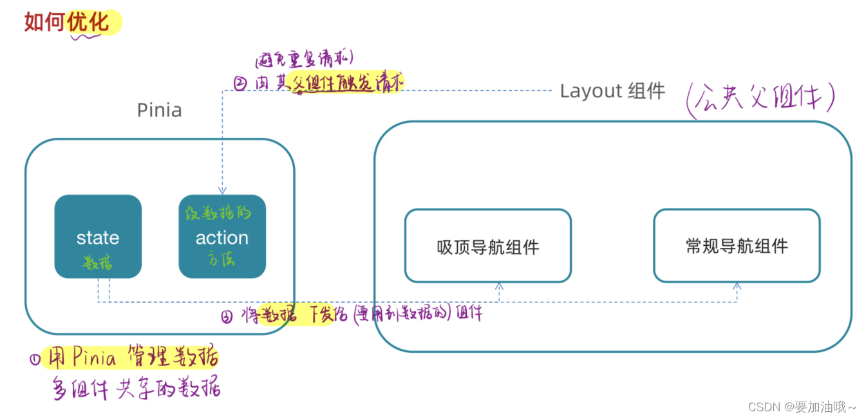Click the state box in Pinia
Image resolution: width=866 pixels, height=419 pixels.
[x=98, y=237]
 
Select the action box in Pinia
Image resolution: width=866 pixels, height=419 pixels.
[x=222, y=237]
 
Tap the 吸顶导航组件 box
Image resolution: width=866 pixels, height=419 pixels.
[x=487, y=246]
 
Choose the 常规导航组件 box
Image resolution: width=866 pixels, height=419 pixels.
[x=737, y=246]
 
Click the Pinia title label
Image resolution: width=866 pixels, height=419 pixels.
[x=159, y=110]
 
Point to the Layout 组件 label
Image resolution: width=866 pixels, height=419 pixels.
[x=612, y=91]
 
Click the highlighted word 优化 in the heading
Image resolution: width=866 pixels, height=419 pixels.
[x=93, y=22]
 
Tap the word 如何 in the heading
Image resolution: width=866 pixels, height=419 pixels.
[x=45, y=22]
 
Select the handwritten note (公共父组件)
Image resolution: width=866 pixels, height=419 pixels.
[x=760, y=100]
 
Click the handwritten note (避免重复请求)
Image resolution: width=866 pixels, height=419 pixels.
[x=304, y=61]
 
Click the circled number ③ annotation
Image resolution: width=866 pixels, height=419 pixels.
[x=227, y=316]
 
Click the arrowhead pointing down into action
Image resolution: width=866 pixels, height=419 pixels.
[x=222, y=191]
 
